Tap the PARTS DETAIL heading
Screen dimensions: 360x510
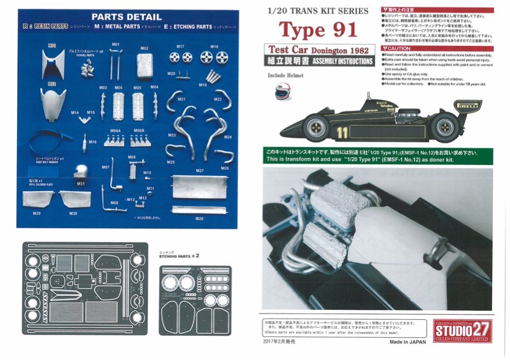[x=125, y=17]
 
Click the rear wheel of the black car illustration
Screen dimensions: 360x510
[x=444, y=126]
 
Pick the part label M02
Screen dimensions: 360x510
[x=145, y=48]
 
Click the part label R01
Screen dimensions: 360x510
[x=52, y=45]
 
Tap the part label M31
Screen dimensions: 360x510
[x=81, y=184]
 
